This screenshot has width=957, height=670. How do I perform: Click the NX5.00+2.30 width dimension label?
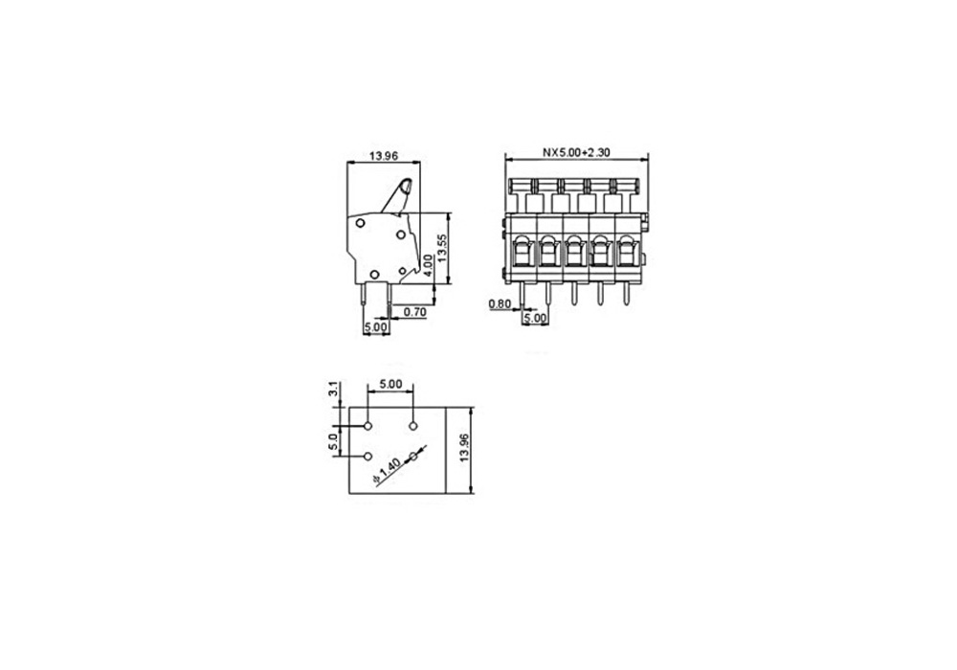pyautogui.click(x=576, y=152)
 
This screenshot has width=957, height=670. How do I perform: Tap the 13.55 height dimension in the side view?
pyautogui.click(x=442, y=248)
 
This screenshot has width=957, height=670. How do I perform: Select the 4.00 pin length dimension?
pyautogui.click(x=429, y=265)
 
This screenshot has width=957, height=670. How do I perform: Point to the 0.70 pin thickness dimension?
pyautogui.click(x=415, y=312)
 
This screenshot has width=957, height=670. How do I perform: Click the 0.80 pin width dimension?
pyautogui.click(x=500, y=303)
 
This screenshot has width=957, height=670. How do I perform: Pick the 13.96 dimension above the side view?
pyautogui.click(x=384, y=156)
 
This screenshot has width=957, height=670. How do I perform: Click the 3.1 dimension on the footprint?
pyautogui.click(x=333, y=389)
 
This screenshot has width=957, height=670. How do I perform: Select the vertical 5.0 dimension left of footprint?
pyautogui.click(x=333, y=441)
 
